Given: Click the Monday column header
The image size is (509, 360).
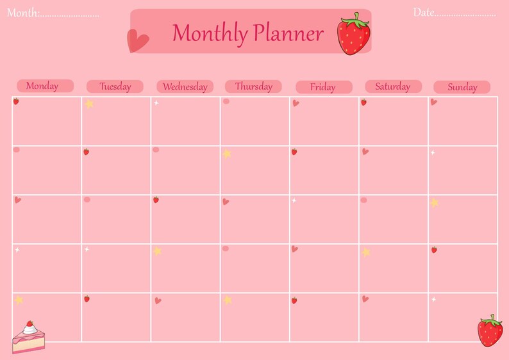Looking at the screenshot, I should coord(42,86).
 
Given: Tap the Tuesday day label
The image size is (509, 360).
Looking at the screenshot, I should coord(115,86).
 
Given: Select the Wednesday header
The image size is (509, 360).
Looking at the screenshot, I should coord(185,86).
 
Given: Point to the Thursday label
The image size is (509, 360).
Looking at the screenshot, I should coord(253,86).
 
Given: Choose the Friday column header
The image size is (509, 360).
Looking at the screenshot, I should coord(323,87).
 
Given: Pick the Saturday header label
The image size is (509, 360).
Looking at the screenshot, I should coord(393,86).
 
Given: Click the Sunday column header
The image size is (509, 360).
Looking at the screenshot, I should coord(462,87).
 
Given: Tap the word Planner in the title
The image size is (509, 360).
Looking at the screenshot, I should coord(288,33).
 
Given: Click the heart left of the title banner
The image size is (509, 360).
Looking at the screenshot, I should coord(137,42).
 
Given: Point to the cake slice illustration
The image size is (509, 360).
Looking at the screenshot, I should coord(29,338).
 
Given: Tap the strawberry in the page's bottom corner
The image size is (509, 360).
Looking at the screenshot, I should coord(490,331).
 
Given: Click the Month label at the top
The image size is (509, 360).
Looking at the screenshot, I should coord(23,13).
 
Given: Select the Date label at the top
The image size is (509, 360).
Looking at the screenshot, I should coord(424,12).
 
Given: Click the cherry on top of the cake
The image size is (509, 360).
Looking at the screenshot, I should coord(29,324).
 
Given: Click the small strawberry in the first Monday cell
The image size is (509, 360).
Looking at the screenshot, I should coord(16,101).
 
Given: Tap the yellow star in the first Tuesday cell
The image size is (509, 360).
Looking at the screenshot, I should coord(89,103).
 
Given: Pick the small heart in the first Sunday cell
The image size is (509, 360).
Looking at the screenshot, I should coord(434,102).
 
